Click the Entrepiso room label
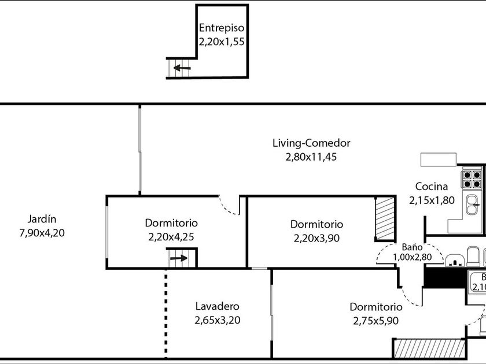222,28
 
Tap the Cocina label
432,187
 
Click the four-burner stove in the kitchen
472,179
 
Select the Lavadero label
217,307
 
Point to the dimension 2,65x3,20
217,320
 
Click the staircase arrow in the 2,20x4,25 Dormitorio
179,258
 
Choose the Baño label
413,246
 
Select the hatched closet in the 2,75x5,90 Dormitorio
429,348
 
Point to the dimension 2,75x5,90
375,321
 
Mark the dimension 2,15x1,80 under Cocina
432,200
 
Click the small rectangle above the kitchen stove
439,159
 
